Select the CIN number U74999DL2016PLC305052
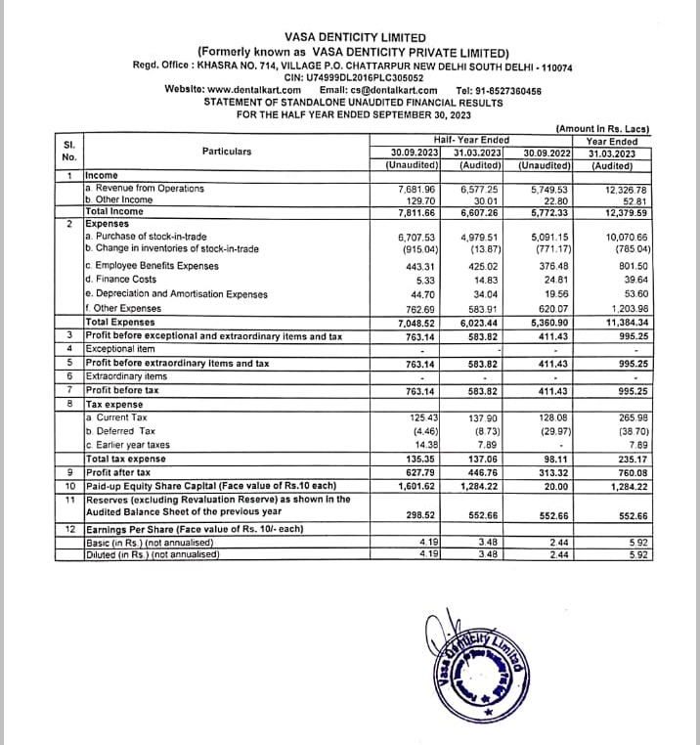(367, 77)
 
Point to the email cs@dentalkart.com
(400, 90)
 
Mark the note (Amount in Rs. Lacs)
(602, 129)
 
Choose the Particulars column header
(227, 152)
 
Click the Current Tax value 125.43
(419, 417)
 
